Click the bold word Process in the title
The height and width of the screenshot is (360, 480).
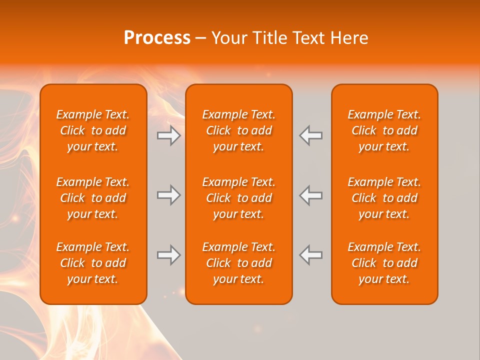157,38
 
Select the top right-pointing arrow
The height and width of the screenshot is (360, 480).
168,135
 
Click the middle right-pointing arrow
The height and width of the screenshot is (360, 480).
168,195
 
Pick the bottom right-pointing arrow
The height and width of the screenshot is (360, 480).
168,255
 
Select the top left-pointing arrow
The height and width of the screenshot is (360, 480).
310,135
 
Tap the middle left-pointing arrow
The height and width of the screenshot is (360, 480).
310,195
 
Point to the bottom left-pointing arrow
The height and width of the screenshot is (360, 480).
310,255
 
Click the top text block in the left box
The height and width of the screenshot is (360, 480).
93,130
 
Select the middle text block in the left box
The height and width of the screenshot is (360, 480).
93,198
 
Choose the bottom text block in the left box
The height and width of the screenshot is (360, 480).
93,263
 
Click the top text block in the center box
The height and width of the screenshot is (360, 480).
238,130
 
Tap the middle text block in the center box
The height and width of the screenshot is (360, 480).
238,198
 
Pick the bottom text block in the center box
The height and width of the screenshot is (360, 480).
238,263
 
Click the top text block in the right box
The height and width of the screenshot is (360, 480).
384,130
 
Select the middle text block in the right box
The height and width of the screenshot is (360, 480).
384,198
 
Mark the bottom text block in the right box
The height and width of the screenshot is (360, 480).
384,263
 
